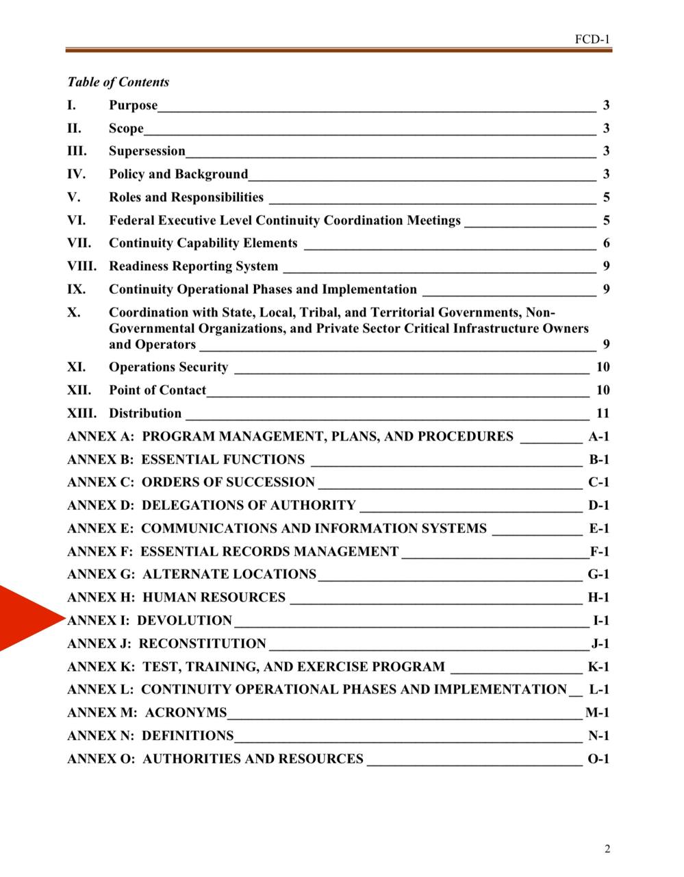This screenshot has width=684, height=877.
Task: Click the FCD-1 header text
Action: [x=592, y=39]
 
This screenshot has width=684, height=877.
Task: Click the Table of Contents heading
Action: [x=118, y=82]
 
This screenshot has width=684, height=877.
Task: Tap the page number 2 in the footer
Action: [x=607, y=850]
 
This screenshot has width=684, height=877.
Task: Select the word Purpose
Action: [x=133, y=106]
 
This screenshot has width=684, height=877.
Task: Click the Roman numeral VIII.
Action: [x=81, y=266]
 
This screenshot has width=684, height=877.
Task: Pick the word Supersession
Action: [x=147, y=151]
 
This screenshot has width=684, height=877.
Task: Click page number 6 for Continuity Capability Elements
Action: [x=607, y=243]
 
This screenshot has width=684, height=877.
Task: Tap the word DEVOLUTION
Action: [x=185, y=621]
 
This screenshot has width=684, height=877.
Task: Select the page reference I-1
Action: [x=600, y=621]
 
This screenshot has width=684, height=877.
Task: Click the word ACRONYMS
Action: [x=186, y=713]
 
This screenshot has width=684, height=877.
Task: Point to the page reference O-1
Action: [x=598, y=758]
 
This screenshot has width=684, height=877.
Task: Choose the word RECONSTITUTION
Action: [x=203, y=643]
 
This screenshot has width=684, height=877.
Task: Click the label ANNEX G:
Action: [x=101, y=574]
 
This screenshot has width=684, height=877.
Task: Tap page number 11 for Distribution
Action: [x=603, y=413]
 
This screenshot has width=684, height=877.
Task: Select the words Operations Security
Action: [x=168, y=367]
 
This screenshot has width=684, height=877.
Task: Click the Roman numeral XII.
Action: [x=79, y=391]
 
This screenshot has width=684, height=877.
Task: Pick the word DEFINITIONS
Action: [x=188, y=736]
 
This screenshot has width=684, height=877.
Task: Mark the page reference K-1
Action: [x=598, y=667]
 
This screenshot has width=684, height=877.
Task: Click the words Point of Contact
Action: [x=157, y=391]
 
